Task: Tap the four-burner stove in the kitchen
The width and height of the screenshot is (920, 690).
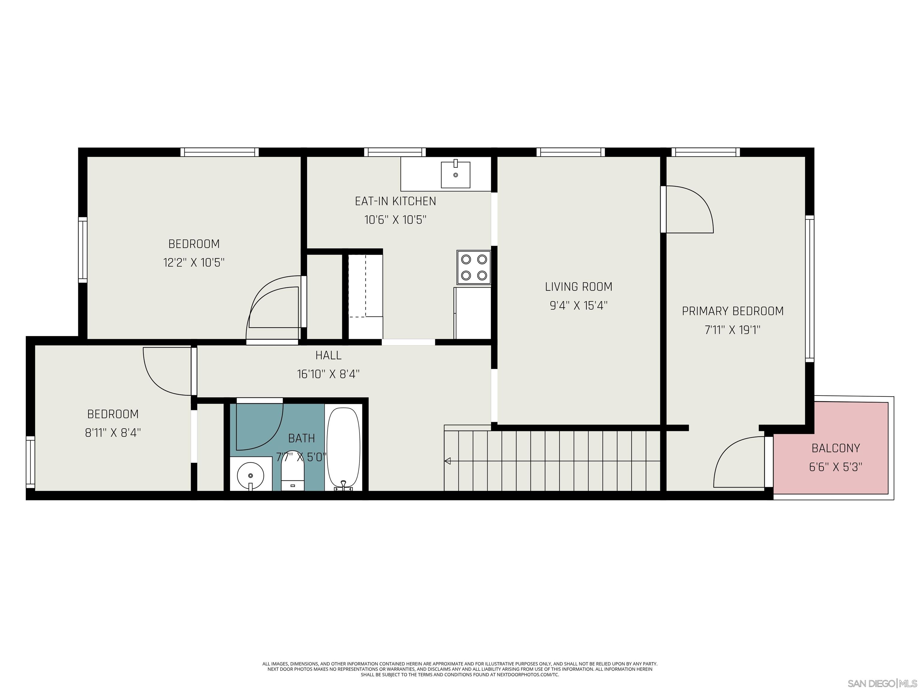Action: click(x=474, y=267)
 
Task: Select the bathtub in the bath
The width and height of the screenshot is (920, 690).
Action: click(x=343, y=447)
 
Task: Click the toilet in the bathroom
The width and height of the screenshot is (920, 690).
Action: click(x=293, y=470)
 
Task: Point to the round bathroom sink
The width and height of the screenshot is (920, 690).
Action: click(x=250, y=475)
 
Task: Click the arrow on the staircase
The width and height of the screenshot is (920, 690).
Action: click(x=447, y=461)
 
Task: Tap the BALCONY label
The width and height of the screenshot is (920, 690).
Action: click(x=836, y=448)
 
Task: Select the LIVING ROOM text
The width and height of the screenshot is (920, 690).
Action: click(x=578, y=287)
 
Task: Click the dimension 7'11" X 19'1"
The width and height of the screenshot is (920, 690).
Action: click(x=733, y=330)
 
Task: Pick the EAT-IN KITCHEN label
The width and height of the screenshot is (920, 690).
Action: click(x=395, y=201)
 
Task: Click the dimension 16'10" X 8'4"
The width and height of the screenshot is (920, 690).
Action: click(x=328, y=374)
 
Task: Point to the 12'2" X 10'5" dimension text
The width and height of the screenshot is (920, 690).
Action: click(x=194, y=262)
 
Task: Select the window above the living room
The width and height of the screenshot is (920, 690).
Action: click(x=570, y=152)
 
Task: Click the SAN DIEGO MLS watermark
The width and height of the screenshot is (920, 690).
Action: click(x=882, y=683)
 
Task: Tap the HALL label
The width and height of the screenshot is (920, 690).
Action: click(x=328, y=355)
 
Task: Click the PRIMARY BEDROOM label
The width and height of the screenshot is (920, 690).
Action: click(x=733, y=311)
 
